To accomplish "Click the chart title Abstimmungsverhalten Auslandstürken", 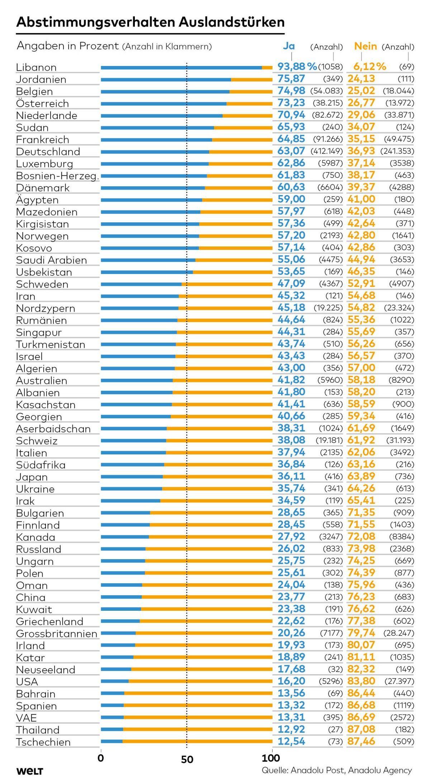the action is coord(151,22).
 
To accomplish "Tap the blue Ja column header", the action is coord(289,46).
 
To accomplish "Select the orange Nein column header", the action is coord(365,46).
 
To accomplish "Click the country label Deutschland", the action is coord(48,152).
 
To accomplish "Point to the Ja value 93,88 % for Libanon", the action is coord(297,67).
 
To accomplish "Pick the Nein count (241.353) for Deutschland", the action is coord(397,151).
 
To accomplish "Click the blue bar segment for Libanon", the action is coord(181,67).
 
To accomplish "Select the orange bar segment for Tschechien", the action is coord(197,742).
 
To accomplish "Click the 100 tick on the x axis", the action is coord(271,758).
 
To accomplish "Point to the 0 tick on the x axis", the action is coord(101,758).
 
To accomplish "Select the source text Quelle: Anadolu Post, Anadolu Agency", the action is coord(337,770).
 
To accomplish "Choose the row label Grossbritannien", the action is coord(57,634).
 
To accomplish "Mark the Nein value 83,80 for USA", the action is coord(361,681).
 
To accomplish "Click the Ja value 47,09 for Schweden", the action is coord(291,284).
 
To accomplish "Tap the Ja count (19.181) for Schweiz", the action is coord(329,440).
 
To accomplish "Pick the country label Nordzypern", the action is coord(46,309).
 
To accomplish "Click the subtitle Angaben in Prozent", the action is coord(68,46).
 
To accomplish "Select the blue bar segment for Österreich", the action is coord(164,104).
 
